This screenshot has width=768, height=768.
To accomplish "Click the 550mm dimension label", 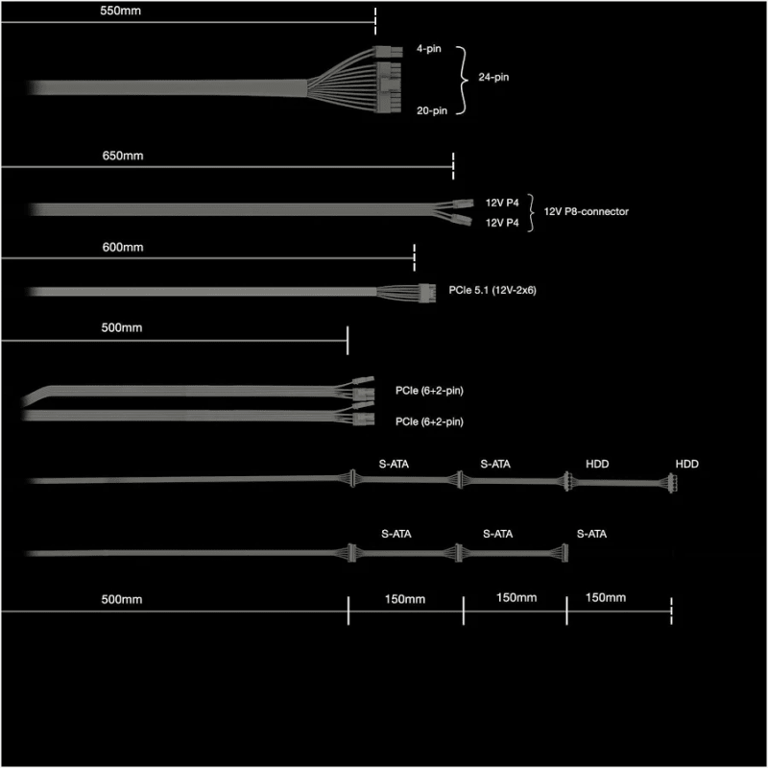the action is [121, 11].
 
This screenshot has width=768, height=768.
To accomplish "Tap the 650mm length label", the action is [123, 156].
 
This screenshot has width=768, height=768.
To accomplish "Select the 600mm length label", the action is [123, 247].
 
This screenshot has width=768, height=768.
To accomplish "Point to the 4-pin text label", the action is [428, 49].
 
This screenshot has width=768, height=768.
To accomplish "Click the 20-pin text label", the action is [432, 110].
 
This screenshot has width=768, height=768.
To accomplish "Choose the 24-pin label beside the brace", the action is [493, 77].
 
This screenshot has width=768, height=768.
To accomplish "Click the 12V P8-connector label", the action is [587, 211].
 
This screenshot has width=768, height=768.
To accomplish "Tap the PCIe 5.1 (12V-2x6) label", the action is [492, 290].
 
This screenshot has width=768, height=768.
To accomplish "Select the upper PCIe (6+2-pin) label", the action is [429, 391].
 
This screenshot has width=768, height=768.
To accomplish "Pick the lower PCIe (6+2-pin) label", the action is [429, 421].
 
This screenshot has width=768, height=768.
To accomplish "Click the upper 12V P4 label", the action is [502, 203].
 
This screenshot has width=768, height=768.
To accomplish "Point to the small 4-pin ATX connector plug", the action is [388, 52].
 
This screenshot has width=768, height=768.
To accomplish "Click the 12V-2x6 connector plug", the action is [427, 293].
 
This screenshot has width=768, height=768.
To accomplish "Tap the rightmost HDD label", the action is [687, 464].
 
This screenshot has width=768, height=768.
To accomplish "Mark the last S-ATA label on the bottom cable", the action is [591, 534].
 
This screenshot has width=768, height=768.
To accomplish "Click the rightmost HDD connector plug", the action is [673, 483].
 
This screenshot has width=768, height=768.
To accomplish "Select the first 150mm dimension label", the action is [405, 599].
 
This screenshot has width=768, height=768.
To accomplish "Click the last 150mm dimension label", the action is [606, 597].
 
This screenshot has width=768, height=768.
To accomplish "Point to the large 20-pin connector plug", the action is [389, 87].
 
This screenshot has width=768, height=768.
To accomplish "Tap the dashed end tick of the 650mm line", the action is [453, 166].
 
